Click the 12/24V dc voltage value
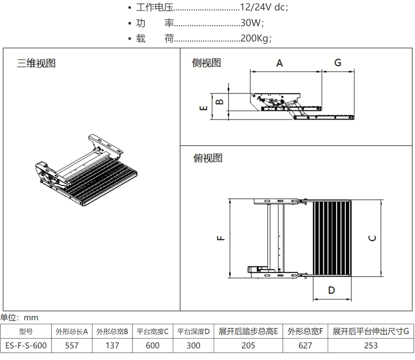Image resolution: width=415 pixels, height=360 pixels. (264, 7)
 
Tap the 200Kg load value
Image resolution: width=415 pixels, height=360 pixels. (256, 39)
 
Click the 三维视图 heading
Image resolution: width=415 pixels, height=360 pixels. (36, 63)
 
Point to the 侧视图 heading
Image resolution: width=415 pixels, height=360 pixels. (206, 63)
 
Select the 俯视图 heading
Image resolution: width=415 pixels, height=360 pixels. (207, 158)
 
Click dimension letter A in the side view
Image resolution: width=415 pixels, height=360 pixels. (279, 63)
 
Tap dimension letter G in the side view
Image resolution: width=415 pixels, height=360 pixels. (337, 63)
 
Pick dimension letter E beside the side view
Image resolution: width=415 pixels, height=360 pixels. (204, 108)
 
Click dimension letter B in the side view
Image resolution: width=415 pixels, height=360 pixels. (219, 102)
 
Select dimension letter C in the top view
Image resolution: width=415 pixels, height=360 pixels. (372, 238)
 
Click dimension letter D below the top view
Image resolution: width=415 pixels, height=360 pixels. (332, 290)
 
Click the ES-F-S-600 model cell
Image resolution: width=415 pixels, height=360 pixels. (26, 345)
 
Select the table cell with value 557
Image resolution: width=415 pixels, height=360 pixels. (72, 345)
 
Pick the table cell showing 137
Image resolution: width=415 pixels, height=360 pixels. (112, 345)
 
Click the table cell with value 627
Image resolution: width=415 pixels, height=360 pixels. (305, 345)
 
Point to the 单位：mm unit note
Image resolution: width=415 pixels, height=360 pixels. (19, 318)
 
